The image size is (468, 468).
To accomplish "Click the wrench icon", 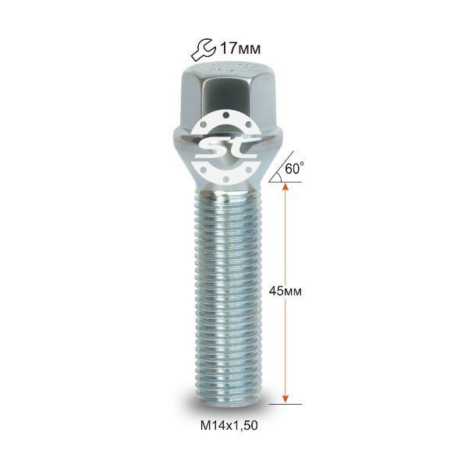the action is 204,49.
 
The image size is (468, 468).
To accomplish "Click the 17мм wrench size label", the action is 240,48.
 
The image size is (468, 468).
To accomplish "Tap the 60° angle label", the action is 295,168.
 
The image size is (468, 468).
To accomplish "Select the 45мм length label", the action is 285,291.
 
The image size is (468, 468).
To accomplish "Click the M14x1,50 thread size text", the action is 229,426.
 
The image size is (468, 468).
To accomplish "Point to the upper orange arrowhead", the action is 285,187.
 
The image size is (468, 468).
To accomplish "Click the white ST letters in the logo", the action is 227,148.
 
